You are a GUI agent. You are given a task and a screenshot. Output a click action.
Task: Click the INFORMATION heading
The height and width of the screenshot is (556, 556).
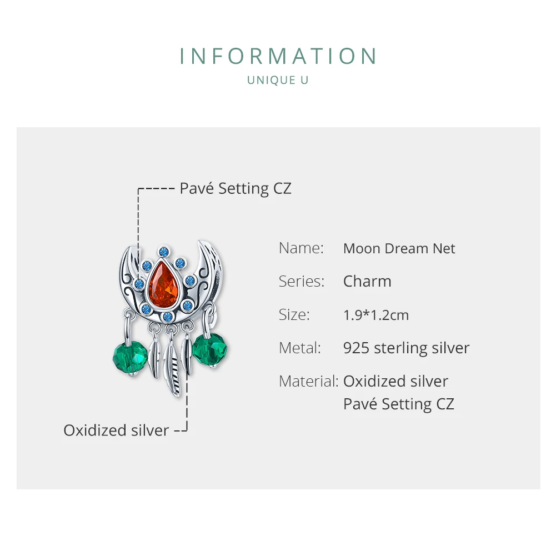pos(278,57)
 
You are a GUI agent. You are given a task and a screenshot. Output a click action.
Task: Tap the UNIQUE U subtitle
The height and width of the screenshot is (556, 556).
pos(278,80)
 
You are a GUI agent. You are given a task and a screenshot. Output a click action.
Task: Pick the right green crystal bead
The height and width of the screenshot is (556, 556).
pos(209,348)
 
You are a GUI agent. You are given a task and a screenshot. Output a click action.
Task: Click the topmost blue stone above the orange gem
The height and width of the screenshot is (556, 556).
pos(164,252)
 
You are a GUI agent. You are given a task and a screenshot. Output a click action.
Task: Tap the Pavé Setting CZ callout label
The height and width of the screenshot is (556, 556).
pos(235,188)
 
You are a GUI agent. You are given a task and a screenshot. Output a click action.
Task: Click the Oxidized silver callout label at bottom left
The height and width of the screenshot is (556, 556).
pos(116,430)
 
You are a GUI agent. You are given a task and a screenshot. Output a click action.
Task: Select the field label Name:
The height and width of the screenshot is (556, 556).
pos(301,248)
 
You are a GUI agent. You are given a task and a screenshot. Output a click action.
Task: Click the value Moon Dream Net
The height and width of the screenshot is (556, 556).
pos(399,248)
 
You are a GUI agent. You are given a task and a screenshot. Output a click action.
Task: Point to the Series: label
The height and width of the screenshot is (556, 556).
pos(302,281)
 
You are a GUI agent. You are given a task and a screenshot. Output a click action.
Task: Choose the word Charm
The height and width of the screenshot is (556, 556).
pos(367,281)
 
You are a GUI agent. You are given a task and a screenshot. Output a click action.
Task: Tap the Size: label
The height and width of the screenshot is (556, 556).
pos(294,315)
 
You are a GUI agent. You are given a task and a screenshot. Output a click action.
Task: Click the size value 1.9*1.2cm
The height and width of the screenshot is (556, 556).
pos(376,315)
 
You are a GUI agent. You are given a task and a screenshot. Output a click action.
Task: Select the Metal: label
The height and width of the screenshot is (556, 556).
pos(300,348)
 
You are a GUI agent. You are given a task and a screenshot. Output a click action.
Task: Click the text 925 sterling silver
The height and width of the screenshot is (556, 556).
pos(406,348)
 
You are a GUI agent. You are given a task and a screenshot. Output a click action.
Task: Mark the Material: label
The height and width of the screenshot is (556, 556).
pos(308,382)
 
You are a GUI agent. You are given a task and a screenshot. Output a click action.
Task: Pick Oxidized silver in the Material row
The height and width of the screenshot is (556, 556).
pos(395,382)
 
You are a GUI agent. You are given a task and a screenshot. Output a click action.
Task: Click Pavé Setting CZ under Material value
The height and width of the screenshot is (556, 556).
pos(399,404)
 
